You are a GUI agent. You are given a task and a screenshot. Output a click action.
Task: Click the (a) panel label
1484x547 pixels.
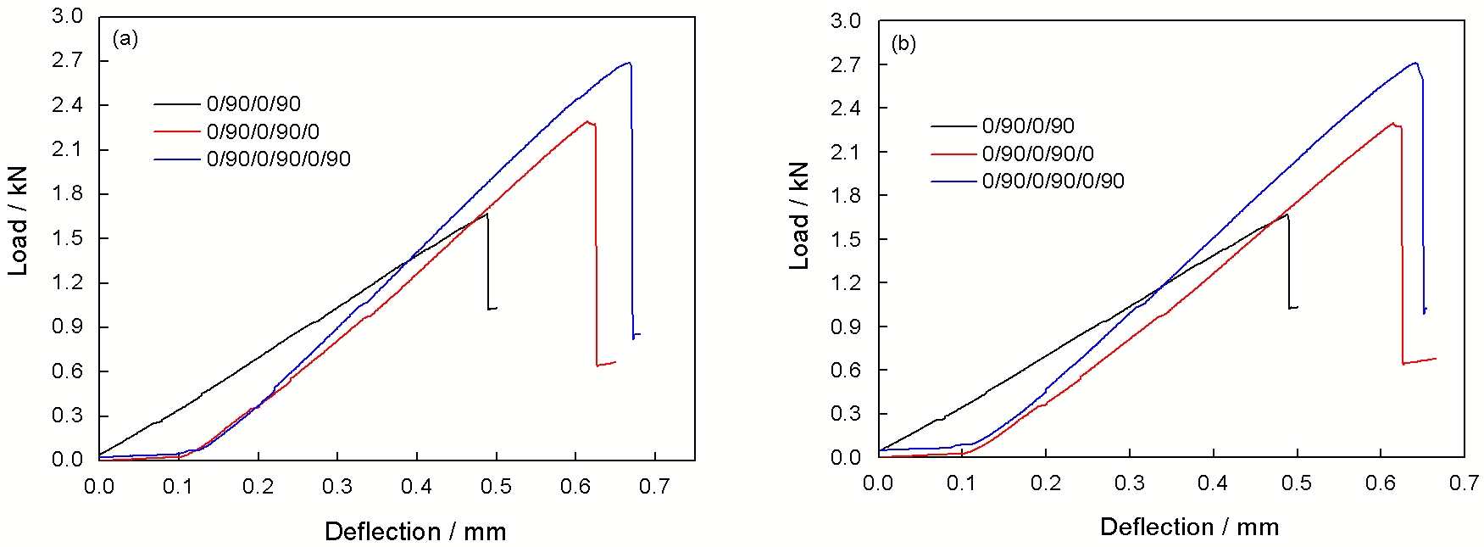(x=125, y=39)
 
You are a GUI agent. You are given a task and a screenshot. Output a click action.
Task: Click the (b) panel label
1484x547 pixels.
(x=903, y=44)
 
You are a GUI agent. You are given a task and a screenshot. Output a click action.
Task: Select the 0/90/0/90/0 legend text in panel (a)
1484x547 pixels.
(x=263, y=131)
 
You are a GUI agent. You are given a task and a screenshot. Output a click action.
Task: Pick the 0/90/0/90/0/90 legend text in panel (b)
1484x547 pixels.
(x=1053, y=181)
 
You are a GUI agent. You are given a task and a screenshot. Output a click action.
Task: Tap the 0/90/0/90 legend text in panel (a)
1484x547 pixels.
(x=253, y=104)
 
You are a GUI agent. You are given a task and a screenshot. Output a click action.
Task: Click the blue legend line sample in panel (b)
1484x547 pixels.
(x=953, y=181)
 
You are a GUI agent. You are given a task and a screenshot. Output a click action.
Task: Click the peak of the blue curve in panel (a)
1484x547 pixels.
(x=628, y=62)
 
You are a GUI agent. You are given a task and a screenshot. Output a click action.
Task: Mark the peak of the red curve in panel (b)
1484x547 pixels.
(x=1392, y=123)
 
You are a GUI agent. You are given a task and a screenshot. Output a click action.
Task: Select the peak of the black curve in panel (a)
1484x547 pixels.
(x=486, y=213)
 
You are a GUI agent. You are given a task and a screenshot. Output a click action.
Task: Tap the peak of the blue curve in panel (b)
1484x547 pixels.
(x=1415, y=62)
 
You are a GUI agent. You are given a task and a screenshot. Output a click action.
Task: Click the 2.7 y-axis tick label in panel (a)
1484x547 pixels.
(x=67, y=60)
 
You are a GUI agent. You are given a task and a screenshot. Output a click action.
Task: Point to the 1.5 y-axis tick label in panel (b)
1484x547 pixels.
(x=845, y=239)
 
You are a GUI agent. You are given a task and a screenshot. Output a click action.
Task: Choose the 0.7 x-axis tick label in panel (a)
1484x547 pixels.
(x=653, y=487)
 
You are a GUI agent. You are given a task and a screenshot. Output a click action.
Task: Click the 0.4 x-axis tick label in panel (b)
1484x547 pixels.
(x=1213, y=483)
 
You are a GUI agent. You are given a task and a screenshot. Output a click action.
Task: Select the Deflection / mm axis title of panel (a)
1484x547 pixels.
(x=415, y=532)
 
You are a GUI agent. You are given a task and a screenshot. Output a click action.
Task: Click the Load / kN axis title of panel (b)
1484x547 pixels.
(x=799, y=216)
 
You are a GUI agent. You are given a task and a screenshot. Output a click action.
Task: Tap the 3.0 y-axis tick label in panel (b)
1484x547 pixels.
(x=845, y=21)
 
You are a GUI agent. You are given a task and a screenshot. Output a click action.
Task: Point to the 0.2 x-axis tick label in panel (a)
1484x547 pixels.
(x=258, y=487)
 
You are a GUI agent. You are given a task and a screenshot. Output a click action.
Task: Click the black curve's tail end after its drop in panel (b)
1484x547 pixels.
(x=1298, y=307)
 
